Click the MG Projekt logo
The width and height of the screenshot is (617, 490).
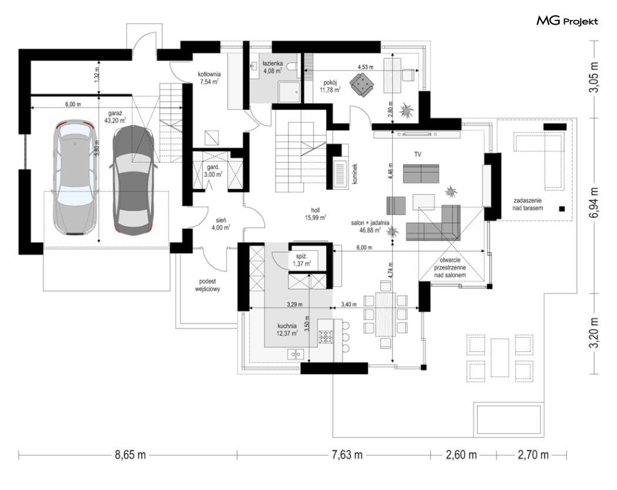coord(567,21)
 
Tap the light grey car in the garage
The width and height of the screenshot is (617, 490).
coord(75,177)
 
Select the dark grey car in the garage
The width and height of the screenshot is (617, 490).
coord(133,180)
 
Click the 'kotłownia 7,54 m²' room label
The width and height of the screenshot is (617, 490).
coord(209,78)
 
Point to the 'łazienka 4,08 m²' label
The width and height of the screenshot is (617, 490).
coord(273,67)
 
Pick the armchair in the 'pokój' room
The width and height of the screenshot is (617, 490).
coord(362,83)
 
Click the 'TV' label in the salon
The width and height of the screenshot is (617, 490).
coord(417,155)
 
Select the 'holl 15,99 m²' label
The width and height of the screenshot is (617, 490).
coord(315,214)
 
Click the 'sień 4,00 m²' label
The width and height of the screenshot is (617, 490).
coord(220,224)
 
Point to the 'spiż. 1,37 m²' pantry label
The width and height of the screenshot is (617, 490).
coord(302,260)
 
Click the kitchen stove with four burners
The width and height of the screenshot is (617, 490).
coord(326,337)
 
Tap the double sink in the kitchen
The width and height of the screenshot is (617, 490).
coord(296,354)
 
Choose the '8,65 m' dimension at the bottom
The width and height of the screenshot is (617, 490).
coord(130,455)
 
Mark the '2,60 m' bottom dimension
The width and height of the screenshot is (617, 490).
coord(461,455)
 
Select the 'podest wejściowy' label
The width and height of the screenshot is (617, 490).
coord(207,286)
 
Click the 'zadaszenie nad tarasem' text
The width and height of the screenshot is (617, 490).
coord(527,204)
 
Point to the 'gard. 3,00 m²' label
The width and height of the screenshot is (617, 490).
coord(213,171)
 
